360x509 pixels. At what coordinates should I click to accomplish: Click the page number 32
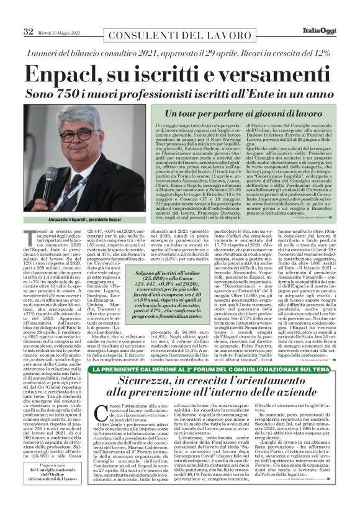28,31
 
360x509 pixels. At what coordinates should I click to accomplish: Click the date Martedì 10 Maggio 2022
60,32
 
